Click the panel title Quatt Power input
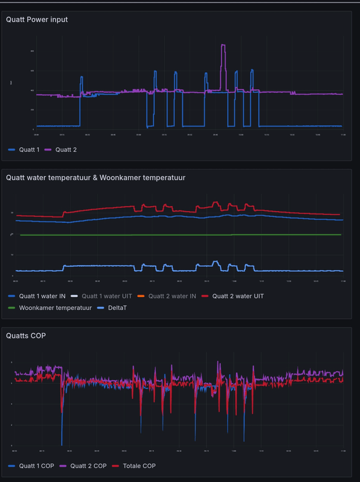pyautogui.click(x=37, y=19)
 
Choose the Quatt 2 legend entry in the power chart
pyautogui.click(x=66, y=149)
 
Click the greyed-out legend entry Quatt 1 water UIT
pyautogui.click(x=110, y=296)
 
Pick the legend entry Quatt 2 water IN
pyautogui.click(x=172, y=296)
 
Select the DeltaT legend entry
pyautogui.click(x=118, y=308)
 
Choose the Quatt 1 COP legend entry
pyautogui.click(x=36, y=466)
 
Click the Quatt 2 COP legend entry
pyautogui.click(x=88, y=466)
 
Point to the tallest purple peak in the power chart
pyautogui.click(x=223, y=45)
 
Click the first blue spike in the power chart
pyautogui.click(x=82, y=77)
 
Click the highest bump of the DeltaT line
pyautogui.click(x=216, y=262)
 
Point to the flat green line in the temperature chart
pyautogui.click(x=181, y=234)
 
